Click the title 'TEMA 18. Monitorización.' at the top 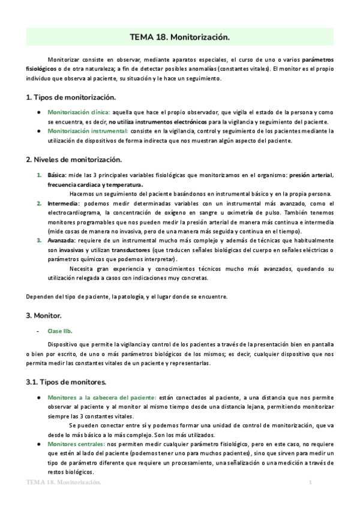[x=180, y=37]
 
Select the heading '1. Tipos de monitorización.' [x=71, y=97]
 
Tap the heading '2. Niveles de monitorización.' [x=74, y=160]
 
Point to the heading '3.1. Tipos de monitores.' [x=67, y=381]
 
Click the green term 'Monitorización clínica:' [x=75, y=112]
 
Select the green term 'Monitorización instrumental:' [x=88, y=131]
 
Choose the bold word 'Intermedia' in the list [x=63, y=203]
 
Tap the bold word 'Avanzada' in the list [x=61, y=240]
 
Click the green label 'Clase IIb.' [x=60, y=331]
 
